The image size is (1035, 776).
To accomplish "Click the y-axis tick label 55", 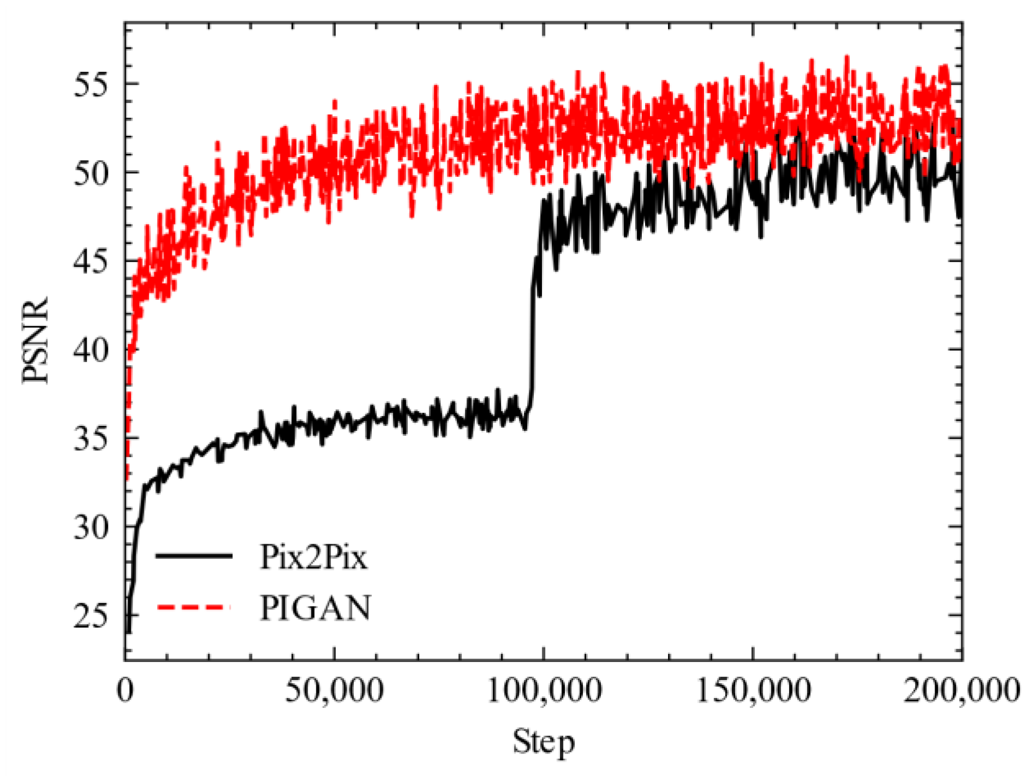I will tap(91, 85).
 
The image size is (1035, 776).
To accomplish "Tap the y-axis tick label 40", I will tap(91, 351).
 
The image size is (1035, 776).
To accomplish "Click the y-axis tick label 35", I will tap(91, 439).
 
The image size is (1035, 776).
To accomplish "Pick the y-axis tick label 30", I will tap(91, 528).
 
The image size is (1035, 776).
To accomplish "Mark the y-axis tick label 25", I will tap(91, 616).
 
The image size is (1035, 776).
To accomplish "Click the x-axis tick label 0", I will tap(125, 690).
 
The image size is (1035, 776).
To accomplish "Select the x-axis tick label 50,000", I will tap(334, 690).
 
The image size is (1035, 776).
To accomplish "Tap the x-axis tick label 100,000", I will tap(544, 690).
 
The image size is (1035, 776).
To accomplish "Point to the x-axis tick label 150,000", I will tap(754, 690).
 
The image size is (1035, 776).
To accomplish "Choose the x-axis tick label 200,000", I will tap(961, 690).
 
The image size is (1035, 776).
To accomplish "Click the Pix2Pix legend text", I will tap(313, 557).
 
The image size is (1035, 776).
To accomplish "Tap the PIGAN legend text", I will tap(315, 607).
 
